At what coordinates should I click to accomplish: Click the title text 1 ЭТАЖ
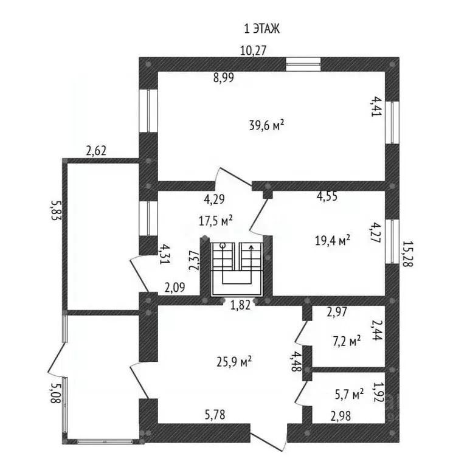(262, 29)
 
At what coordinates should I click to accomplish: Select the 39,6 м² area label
(266, 125)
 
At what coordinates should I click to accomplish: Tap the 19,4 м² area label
(333, 240)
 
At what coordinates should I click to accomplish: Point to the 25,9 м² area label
(234, 362)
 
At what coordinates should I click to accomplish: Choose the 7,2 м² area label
(347, 341)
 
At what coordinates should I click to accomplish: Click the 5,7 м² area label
(350, 394)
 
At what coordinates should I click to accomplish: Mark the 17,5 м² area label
(215, 221)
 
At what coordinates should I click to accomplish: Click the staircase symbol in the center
(237, 269)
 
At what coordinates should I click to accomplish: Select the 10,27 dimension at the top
(253, 50)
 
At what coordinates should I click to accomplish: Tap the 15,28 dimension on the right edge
(407, 254)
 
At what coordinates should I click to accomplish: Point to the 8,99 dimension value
(224, 77)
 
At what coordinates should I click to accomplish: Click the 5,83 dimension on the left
(57, 210)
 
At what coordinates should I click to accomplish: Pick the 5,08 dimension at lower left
(56, 393)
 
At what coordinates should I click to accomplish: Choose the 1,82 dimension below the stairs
(241, 306)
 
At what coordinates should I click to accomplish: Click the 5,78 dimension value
(215, 415)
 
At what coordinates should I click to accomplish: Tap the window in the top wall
(303, 64)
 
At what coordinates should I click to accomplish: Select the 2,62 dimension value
(96, 151)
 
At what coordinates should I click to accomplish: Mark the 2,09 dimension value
(175, 288)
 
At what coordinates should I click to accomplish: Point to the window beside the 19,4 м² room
(392, 241)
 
